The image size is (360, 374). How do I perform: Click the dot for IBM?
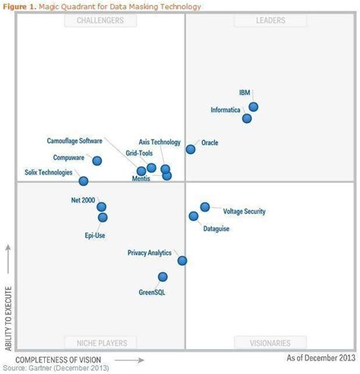point(253,107)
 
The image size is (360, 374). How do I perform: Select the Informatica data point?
point(247,118)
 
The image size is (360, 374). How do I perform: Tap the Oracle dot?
point(191,149)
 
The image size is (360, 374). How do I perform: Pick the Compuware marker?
point(97,161)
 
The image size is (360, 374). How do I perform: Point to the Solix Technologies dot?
point(84,181)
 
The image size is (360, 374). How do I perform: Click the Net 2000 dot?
point(101,206)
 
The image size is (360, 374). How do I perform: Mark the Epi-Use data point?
point(103,218)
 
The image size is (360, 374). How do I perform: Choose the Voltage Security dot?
point(205,206)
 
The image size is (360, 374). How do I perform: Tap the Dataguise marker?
point(194,216)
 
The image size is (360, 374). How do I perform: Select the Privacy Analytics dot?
point(182,260)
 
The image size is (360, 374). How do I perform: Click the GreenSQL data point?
point(163,277)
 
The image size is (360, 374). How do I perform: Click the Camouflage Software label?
point(74,141)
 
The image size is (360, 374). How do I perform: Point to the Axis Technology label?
point(159,142)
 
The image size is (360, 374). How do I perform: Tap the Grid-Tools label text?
point(139,153)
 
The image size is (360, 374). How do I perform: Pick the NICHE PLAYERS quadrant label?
point(95,343)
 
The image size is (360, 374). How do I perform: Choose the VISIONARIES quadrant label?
point(270,343)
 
